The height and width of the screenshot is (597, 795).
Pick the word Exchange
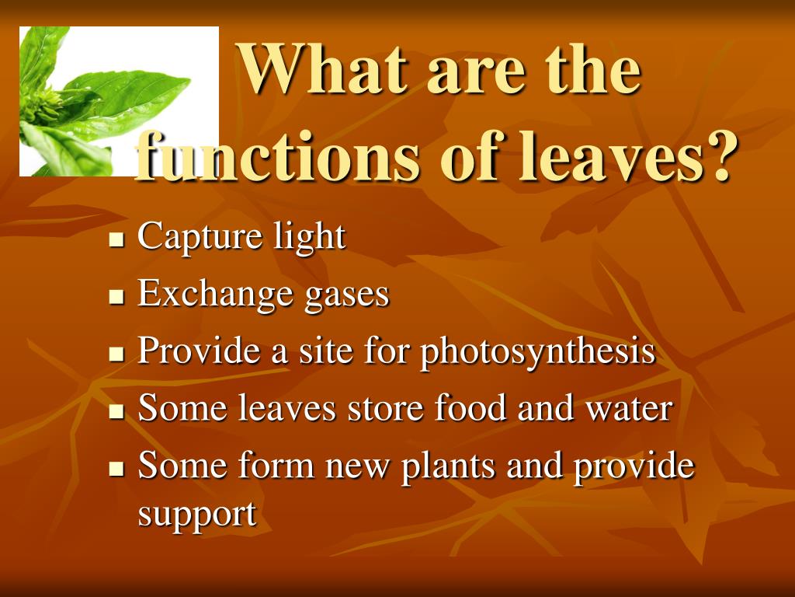coord(215,294)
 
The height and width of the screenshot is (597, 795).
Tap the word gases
coord(347,295)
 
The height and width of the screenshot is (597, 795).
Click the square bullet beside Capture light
coord(117,239)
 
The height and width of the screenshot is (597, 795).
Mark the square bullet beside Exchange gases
coord(117,296)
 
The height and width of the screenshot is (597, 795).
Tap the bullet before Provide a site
coord(117,354)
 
